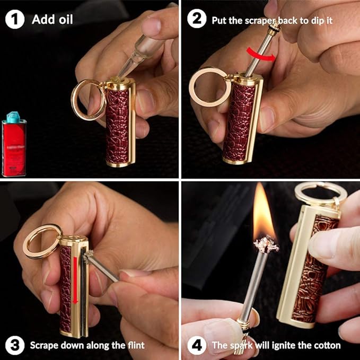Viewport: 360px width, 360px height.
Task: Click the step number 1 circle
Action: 15,19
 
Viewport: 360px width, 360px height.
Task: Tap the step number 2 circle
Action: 197,19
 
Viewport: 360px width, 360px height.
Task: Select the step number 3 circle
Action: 15,345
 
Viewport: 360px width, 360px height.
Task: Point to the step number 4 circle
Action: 197,345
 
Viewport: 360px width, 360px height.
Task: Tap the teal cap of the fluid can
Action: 13,117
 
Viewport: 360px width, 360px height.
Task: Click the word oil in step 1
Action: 66,19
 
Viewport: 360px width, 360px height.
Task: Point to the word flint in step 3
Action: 136,345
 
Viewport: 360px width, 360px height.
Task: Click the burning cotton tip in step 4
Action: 266,245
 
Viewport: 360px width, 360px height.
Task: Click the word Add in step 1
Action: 44,19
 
